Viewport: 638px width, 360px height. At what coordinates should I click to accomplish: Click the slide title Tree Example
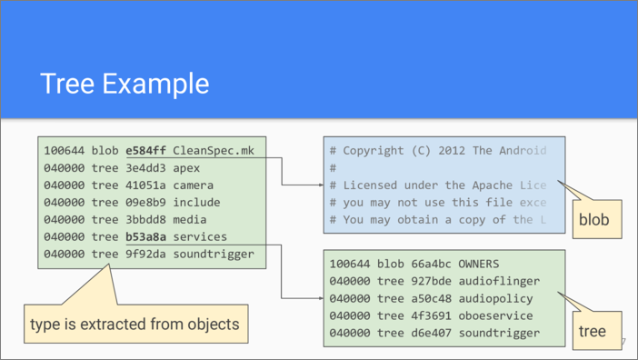coord(125,84)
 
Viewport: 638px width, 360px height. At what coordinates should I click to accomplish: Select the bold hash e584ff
coord(145,151)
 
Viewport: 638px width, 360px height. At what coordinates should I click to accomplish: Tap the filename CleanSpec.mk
coord(214,151)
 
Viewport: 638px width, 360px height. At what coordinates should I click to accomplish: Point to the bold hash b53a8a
coord(145,236)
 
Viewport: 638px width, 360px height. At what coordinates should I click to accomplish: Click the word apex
coord(186,169)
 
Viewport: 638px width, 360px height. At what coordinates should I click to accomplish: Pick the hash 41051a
coord(145,185)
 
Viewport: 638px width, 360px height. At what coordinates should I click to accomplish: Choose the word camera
coord(194,185)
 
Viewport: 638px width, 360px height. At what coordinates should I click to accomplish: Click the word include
coord(196,202)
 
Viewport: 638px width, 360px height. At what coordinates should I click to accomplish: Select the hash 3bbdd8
coord(145,220)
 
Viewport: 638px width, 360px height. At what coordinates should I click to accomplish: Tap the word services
coord(200,236)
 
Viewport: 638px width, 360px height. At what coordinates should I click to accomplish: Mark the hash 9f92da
coord(145,255)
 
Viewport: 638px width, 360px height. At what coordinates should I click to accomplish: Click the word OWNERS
coord(479,264)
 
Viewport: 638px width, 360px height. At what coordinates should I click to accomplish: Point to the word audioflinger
coord(499,282)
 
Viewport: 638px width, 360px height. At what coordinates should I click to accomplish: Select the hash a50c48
coord(432,298)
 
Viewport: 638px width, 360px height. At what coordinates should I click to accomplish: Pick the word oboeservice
coord(496,315)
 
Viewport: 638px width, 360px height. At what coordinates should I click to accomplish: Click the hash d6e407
coord(432,333)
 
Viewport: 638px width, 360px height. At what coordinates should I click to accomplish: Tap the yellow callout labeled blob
coord(597,219)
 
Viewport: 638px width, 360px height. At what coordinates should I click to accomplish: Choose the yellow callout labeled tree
coord(597,331)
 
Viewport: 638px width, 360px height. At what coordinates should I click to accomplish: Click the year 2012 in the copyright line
coord(452,151)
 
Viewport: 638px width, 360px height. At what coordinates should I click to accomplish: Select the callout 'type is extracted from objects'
coord(136,324)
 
